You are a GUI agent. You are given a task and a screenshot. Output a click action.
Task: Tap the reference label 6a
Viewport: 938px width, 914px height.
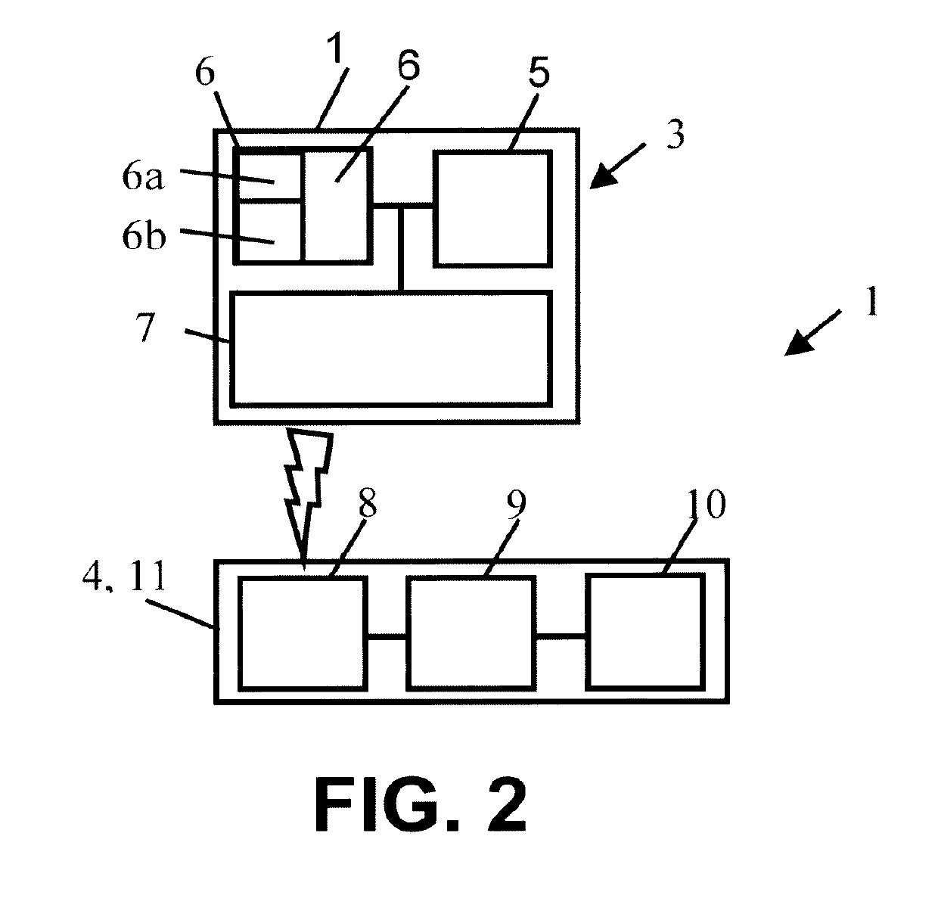(x=143, y=177)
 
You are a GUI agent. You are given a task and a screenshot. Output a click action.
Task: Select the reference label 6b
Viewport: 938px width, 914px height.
(x=144, y=236)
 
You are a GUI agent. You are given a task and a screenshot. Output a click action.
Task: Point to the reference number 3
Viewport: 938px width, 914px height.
(x=675, y=134)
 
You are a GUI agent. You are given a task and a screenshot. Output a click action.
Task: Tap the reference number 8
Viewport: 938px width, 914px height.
(x=368, y=504)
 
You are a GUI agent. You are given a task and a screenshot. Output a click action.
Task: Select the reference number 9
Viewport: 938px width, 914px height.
(x=516, y=505)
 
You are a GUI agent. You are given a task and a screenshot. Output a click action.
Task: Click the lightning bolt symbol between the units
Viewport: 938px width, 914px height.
(x=307, y=496)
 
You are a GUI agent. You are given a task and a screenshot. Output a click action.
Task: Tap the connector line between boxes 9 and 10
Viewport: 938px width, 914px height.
(x=561, y=636)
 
